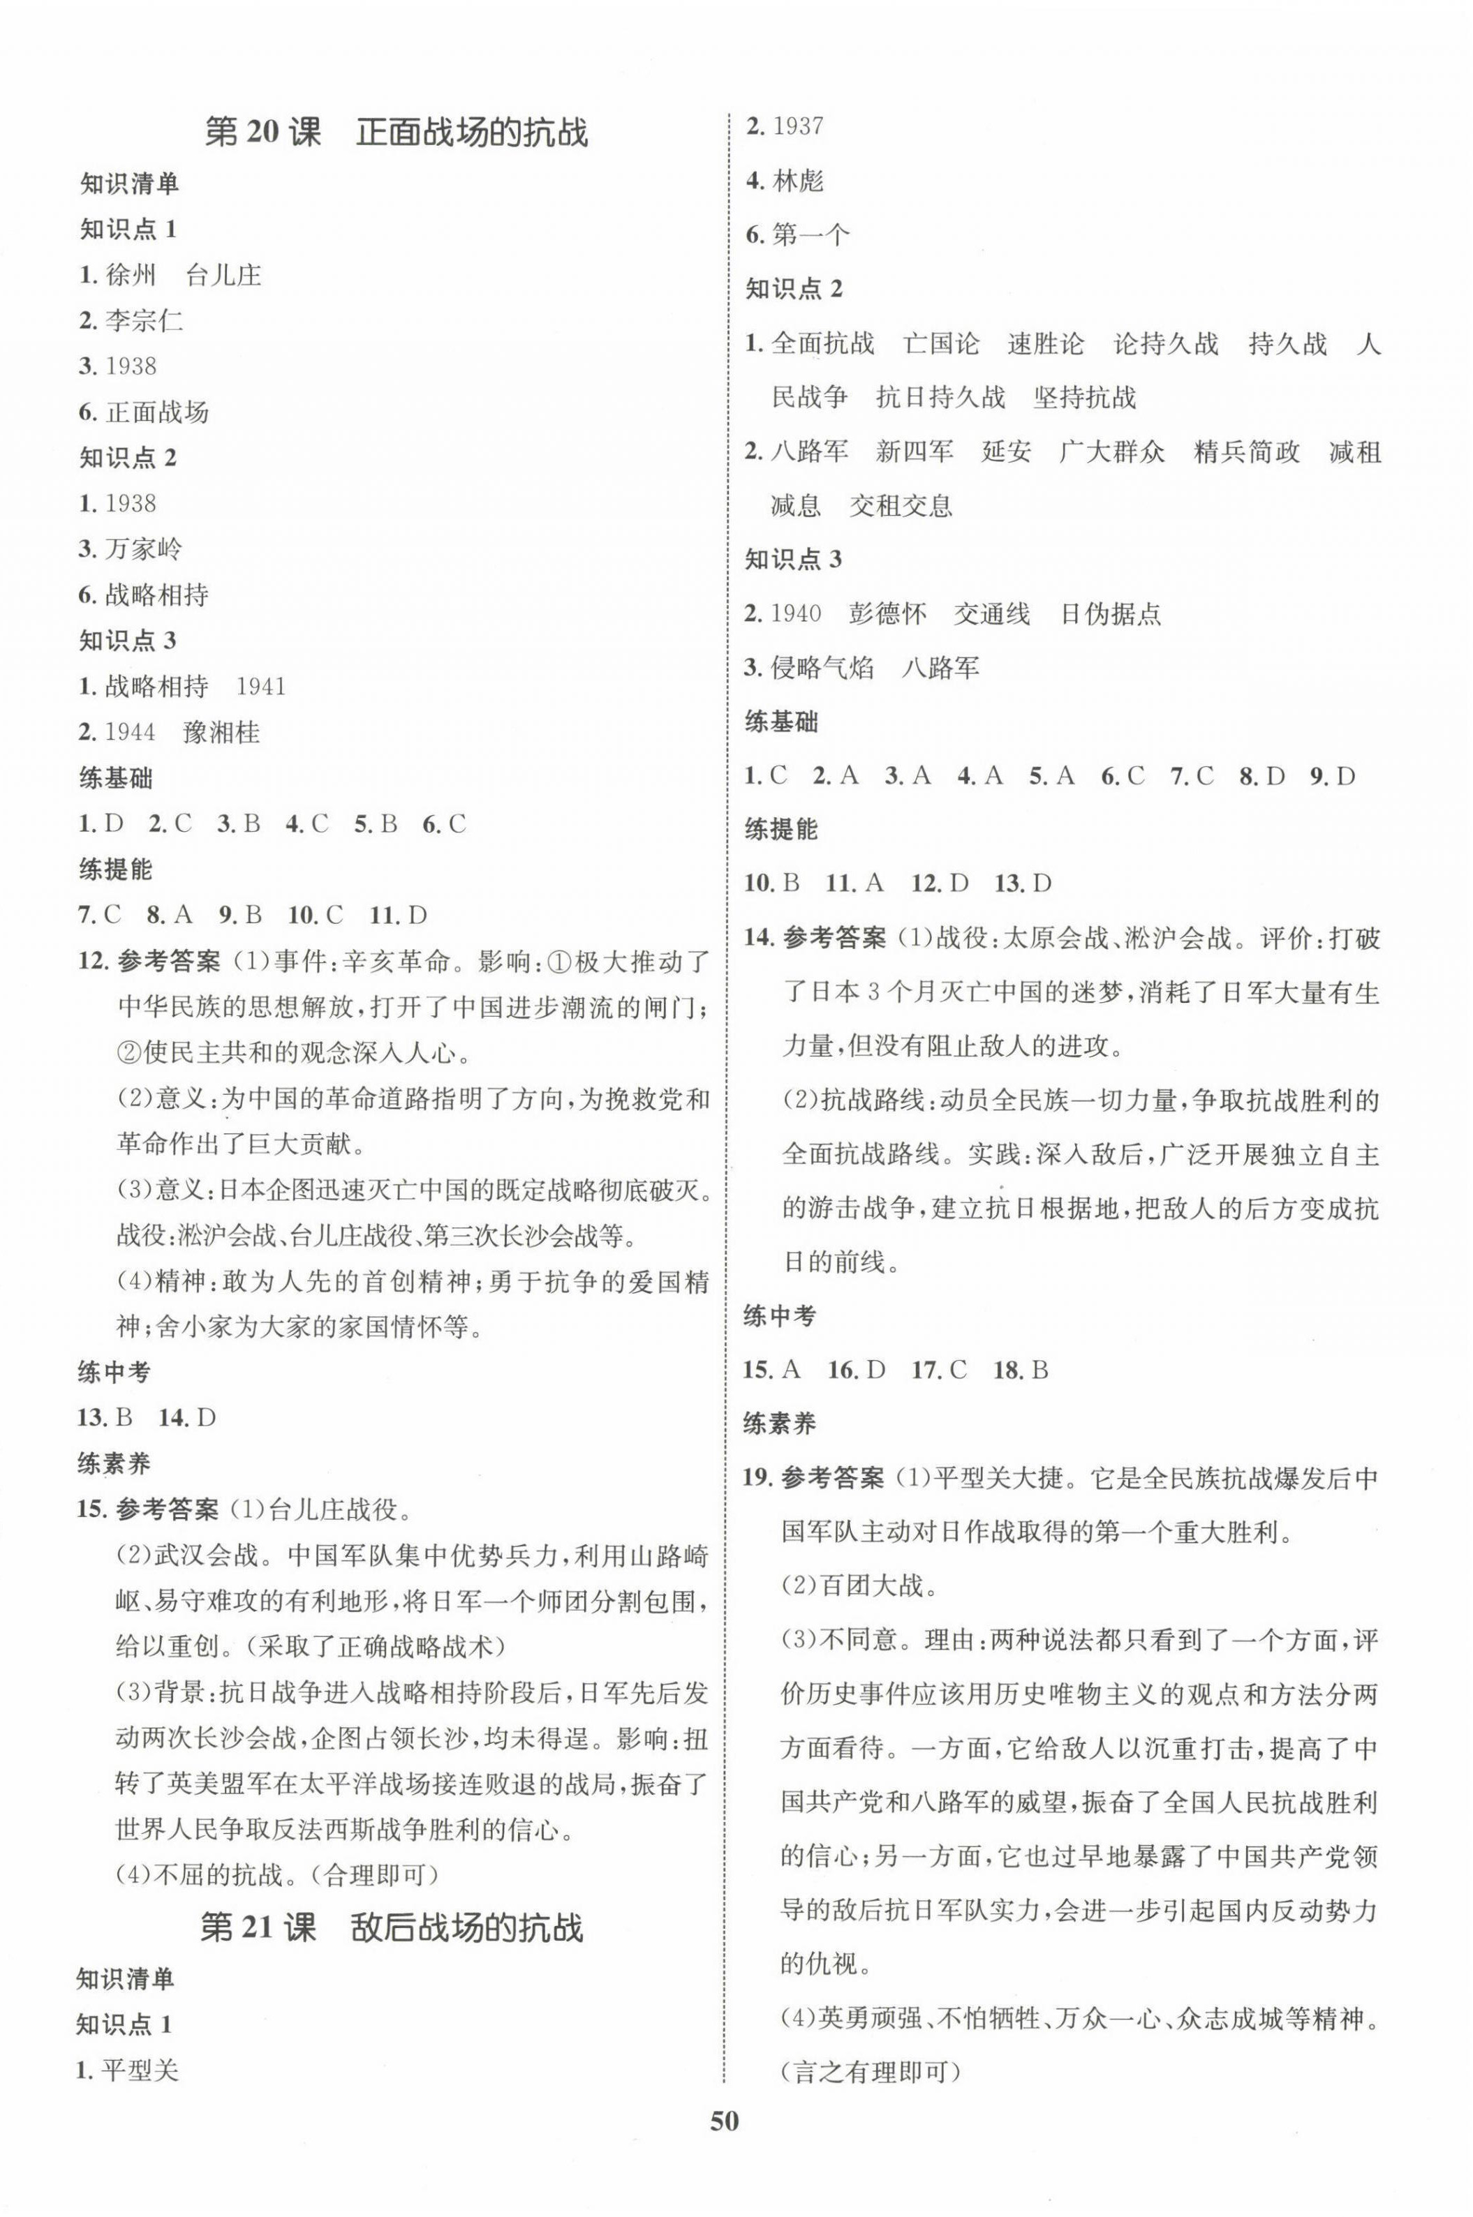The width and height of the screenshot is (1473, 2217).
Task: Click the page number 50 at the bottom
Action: click(725, 2146)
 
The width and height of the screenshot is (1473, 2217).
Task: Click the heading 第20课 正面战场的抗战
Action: click(396, 133)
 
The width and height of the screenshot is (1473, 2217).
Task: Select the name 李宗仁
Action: click(144, 320)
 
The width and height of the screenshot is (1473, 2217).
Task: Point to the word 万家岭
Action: click(144, 548)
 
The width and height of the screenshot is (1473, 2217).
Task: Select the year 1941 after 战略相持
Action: click(261, 687)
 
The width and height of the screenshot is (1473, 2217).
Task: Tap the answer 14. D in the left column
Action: click(187, 1417)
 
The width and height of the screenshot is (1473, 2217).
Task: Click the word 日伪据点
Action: click(1111, 614)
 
